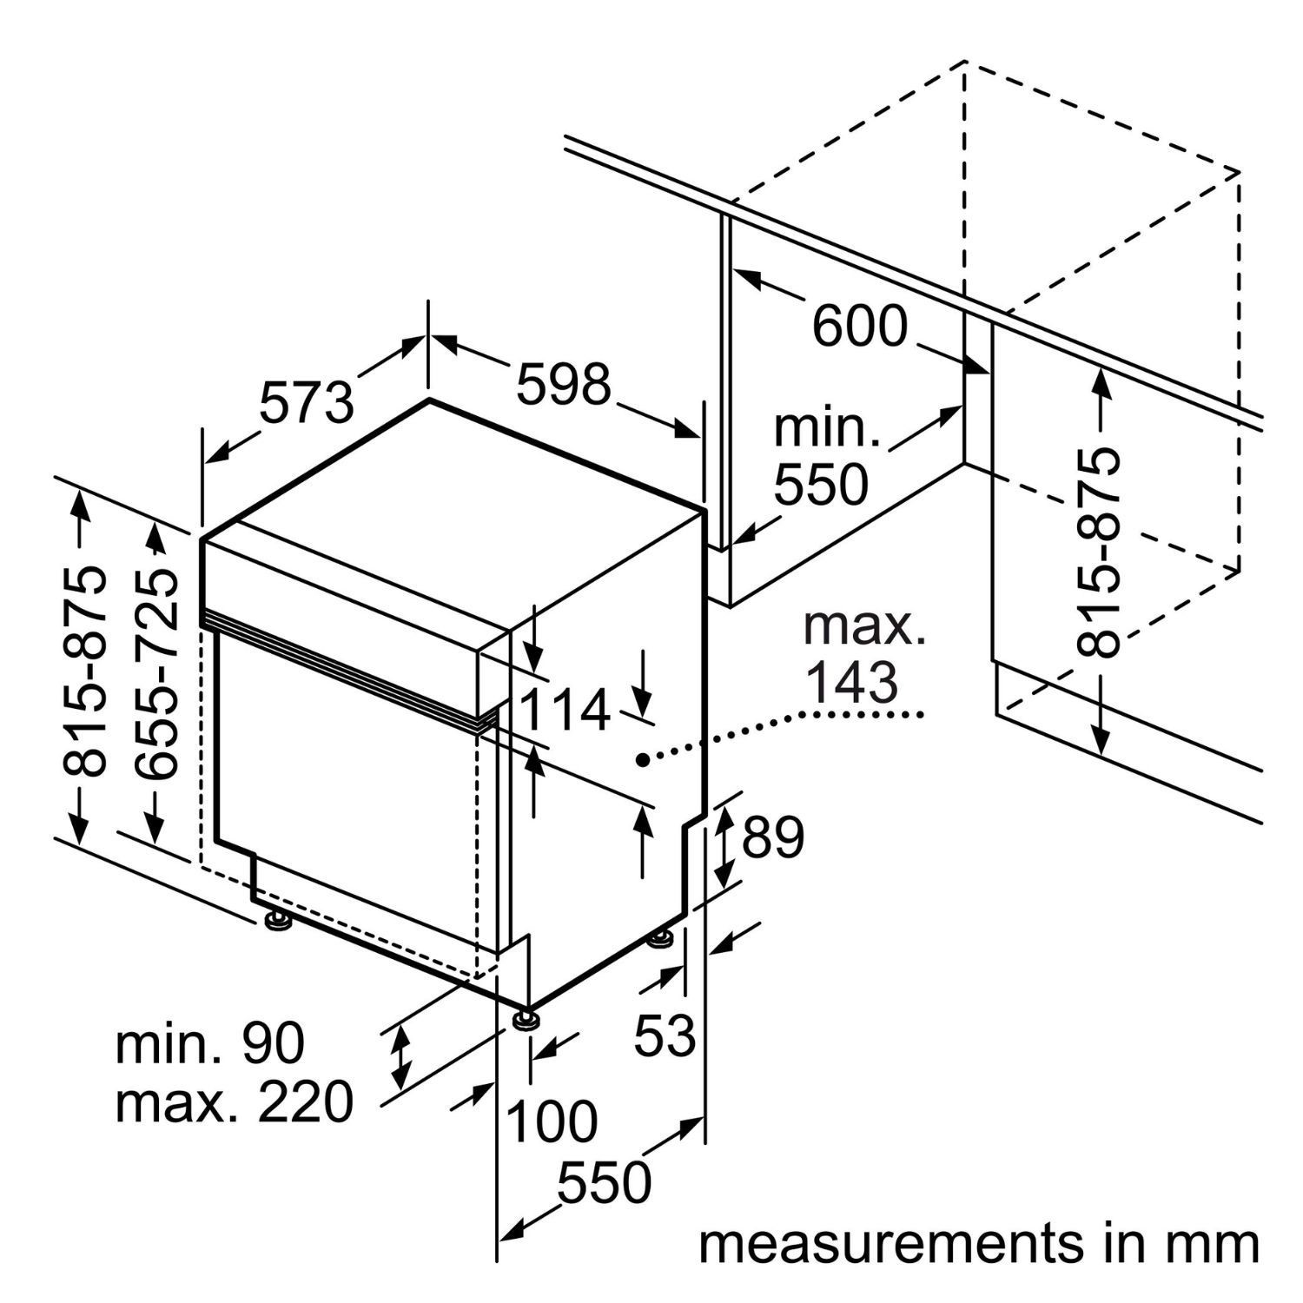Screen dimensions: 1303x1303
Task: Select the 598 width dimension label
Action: click(564, 384)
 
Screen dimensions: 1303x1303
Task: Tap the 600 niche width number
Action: click(859, 327)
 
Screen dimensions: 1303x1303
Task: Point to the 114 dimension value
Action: click(565, 710)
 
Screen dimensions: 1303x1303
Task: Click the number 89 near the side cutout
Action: click(772, 838)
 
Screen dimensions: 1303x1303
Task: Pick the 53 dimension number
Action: click(665, 1035)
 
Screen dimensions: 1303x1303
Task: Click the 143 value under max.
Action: click(851, 682)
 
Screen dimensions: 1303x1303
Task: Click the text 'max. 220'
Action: click(235, 1102)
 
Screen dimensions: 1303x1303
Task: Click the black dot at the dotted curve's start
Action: click(641, 760)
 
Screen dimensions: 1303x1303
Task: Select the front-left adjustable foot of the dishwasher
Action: click(277, 921)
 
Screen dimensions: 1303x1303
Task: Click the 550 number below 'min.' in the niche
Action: click(821, 484)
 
